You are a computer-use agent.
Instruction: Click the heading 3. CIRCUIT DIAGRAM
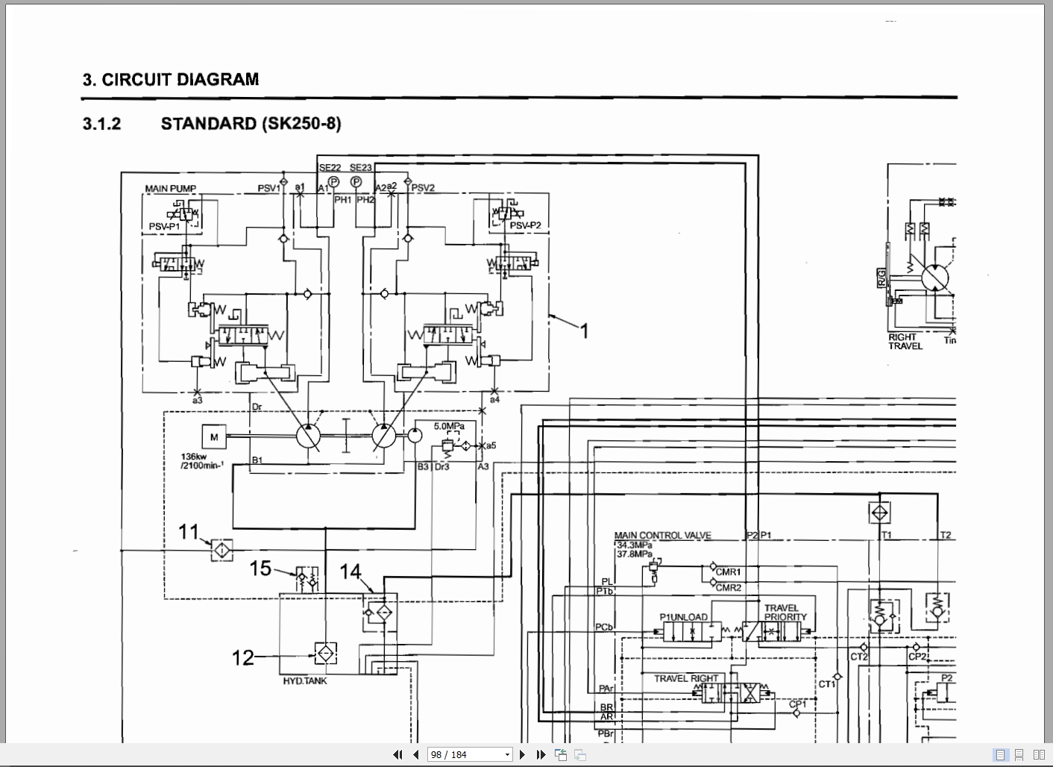(x=171, y=80)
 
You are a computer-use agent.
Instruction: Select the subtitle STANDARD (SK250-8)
(x=251, y=124)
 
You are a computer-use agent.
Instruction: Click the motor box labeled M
(x=214, y=437)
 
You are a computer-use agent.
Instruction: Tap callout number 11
(x=188, y=532)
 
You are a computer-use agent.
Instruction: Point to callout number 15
(x=260, y=569)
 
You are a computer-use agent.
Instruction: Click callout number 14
(x=350, y=572)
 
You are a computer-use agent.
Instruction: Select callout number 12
(x=243, y=657)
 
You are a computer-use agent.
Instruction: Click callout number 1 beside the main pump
(x=585, y=331)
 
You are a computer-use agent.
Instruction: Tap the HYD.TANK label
(x=304, y=680)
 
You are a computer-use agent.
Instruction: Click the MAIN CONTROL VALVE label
(x=662, y=535)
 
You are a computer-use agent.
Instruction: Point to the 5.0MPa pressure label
(x=449, y=426)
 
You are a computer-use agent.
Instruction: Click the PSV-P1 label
(x=164, y=227)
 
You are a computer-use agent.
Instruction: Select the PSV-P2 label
(x=525, y=225)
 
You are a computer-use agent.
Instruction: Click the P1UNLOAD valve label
(x=683, y=617)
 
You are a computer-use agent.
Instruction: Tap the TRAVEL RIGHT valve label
(x=686, y=678)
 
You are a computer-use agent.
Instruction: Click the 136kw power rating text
(x=192, y=457)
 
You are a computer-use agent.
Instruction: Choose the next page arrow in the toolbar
(x=523, y=754)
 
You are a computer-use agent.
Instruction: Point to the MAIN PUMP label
(x=171, y=189)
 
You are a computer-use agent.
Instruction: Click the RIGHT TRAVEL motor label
(x=905, y=341)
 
